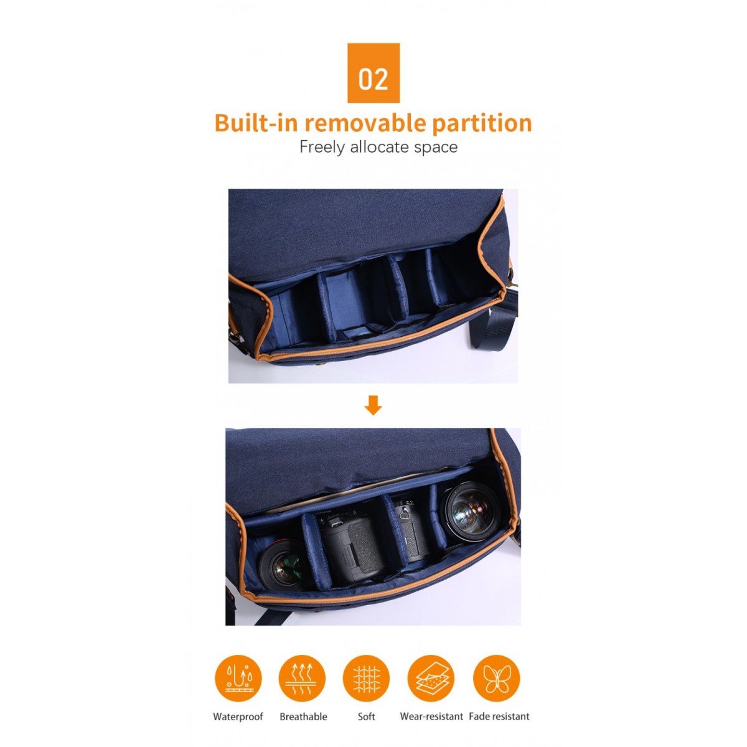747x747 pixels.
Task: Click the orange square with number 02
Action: (x=373, y=73)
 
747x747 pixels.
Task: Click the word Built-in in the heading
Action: (x=256, y=123)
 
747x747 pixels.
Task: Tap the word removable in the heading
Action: (x=365, y=123)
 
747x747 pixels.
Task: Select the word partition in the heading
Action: (x=482, y=124)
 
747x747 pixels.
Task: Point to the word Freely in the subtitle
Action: (x=322, y=148)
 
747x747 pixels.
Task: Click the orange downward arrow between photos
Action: (x=373, y=405)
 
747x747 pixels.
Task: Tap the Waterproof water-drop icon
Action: (x=238, y=679)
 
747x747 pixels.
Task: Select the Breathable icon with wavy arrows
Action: (x=302, y=679)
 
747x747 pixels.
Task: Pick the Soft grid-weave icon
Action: (x=366, y=679)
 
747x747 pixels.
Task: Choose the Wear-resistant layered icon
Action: (x=431, y=679)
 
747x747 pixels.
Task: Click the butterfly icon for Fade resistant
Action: (x=497, y=679)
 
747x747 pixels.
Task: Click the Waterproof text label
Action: (x=238, y=716)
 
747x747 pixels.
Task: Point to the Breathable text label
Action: (x=303, y=716)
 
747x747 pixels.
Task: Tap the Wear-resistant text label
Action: (x=431, y=716)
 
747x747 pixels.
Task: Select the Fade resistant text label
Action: (x=499, y=716)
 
